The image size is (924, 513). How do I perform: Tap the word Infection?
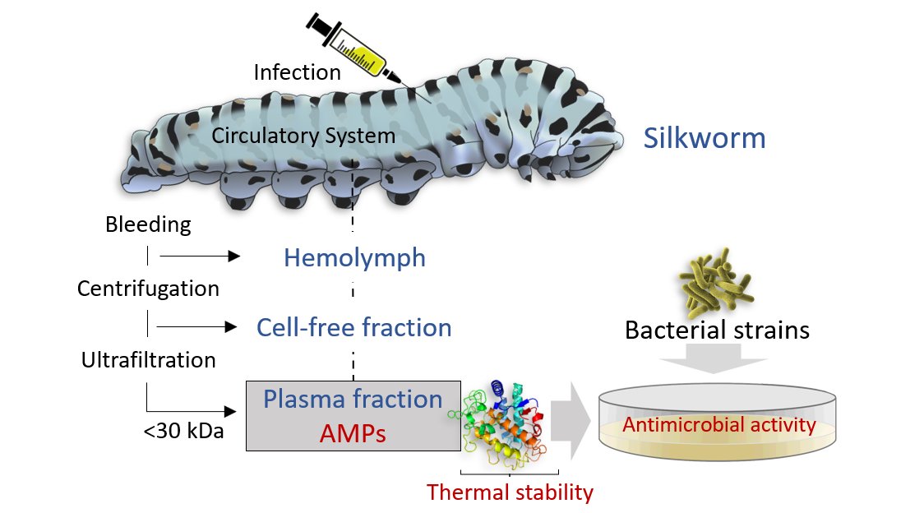(297, 72)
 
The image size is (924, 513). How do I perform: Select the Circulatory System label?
(303, 136)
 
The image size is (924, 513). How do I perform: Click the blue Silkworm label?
(705, 137)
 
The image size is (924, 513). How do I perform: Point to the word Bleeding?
(148, 224)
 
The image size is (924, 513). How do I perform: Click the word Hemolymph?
(354, 258)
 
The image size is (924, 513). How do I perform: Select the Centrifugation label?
(148, 289)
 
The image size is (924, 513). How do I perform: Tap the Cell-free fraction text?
(353, 328)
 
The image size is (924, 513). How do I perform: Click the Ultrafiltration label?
(148, 359)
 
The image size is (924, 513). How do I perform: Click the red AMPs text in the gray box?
(353, 430)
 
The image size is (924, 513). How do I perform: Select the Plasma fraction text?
(353, 400)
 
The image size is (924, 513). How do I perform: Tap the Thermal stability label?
(510, 492)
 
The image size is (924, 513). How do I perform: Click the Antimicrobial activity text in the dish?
(718, 425)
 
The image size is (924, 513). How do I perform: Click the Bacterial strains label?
(717, 330)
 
